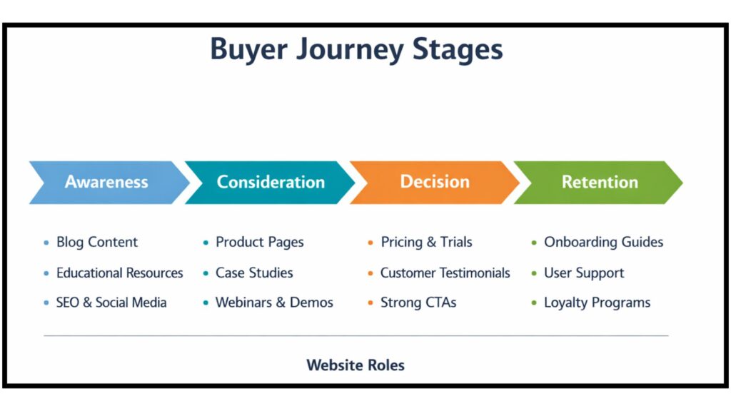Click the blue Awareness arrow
[107, 182]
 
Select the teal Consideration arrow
[271, 182]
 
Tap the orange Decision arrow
[434, 182]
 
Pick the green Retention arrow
[599, 182]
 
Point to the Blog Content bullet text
[97, 242]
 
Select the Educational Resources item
[119, 273]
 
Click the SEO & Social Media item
[111, 303]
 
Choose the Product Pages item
[259, 242]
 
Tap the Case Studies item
[254, 273]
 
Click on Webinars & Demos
[274, 303]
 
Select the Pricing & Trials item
[426, 242]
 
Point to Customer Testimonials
[445, 273]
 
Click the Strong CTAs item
[418, 303]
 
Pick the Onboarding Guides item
[603, 242]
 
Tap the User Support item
[584, 273]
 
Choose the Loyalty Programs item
[597, 303]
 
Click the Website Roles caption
[356, 365]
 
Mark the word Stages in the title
[458, 50]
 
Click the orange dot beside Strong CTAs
[370, 303]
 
